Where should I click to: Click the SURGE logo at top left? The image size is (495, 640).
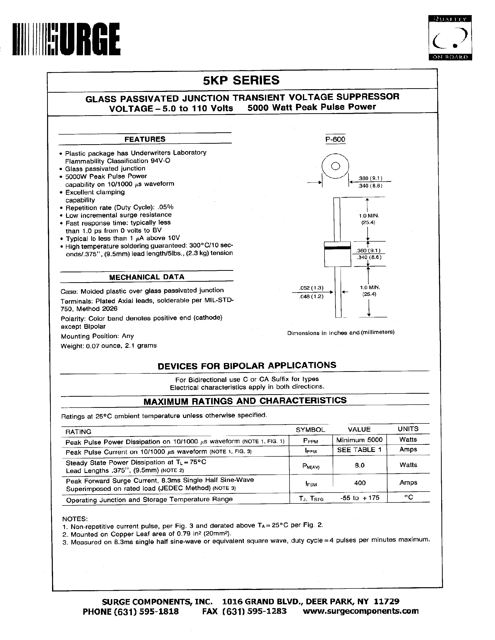click(66, 40)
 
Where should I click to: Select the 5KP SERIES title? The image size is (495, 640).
click(241, 80)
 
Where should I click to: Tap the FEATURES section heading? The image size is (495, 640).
click(145, 139)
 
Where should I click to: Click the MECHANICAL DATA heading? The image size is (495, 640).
click(146, 277)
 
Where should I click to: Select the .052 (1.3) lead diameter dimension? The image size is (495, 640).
click(311, 288)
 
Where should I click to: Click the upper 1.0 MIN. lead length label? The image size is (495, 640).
click(369, 216)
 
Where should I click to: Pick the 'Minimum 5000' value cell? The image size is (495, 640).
click(359, 440)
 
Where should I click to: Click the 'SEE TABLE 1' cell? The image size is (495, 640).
click(359, 450)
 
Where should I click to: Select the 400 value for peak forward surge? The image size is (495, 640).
click(360, 483)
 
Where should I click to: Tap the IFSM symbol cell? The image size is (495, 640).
click(311, 484)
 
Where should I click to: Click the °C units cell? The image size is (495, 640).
click(408, 497)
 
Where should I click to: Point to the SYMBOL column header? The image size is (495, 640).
click(310, 430)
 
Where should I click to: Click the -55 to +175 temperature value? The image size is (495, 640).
click(360, 498)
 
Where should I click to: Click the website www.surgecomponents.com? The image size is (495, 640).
click(360, 611)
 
